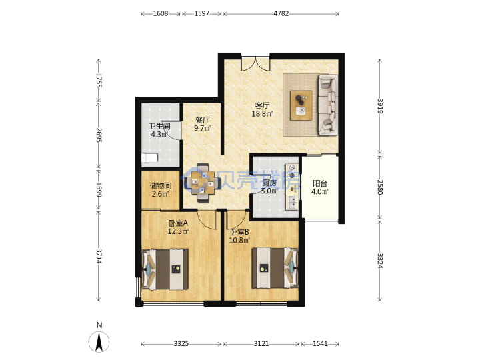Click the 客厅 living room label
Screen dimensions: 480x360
pos(262,105)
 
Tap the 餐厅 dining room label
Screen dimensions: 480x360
pos(203,120)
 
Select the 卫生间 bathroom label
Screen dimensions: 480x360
pos(159,126)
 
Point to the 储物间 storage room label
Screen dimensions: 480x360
pos(160,186)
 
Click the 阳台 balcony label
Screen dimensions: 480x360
pos(320,184)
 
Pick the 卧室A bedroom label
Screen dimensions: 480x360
pos(178,223)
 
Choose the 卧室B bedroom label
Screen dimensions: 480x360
pos(239,233)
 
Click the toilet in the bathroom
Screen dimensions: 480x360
pos(149,158)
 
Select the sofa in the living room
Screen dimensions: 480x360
pos(328,105)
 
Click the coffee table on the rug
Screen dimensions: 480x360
pos(301,105)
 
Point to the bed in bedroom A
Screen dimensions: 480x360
pos(165,269)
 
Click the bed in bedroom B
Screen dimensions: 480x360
pos(275,268)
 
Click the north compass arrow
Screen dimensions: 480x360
pos(99,342)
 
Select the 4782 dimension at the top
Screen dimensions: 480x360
pos(281,13)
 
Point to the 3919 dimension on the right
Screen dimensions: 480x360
pos(380,106)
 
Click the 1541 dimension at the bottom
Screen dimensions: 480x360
pos(320,344)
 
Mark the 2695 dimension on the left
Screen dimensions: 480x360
pos(99,135)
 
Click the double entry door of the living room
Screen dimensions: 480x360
pos(255,64)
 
